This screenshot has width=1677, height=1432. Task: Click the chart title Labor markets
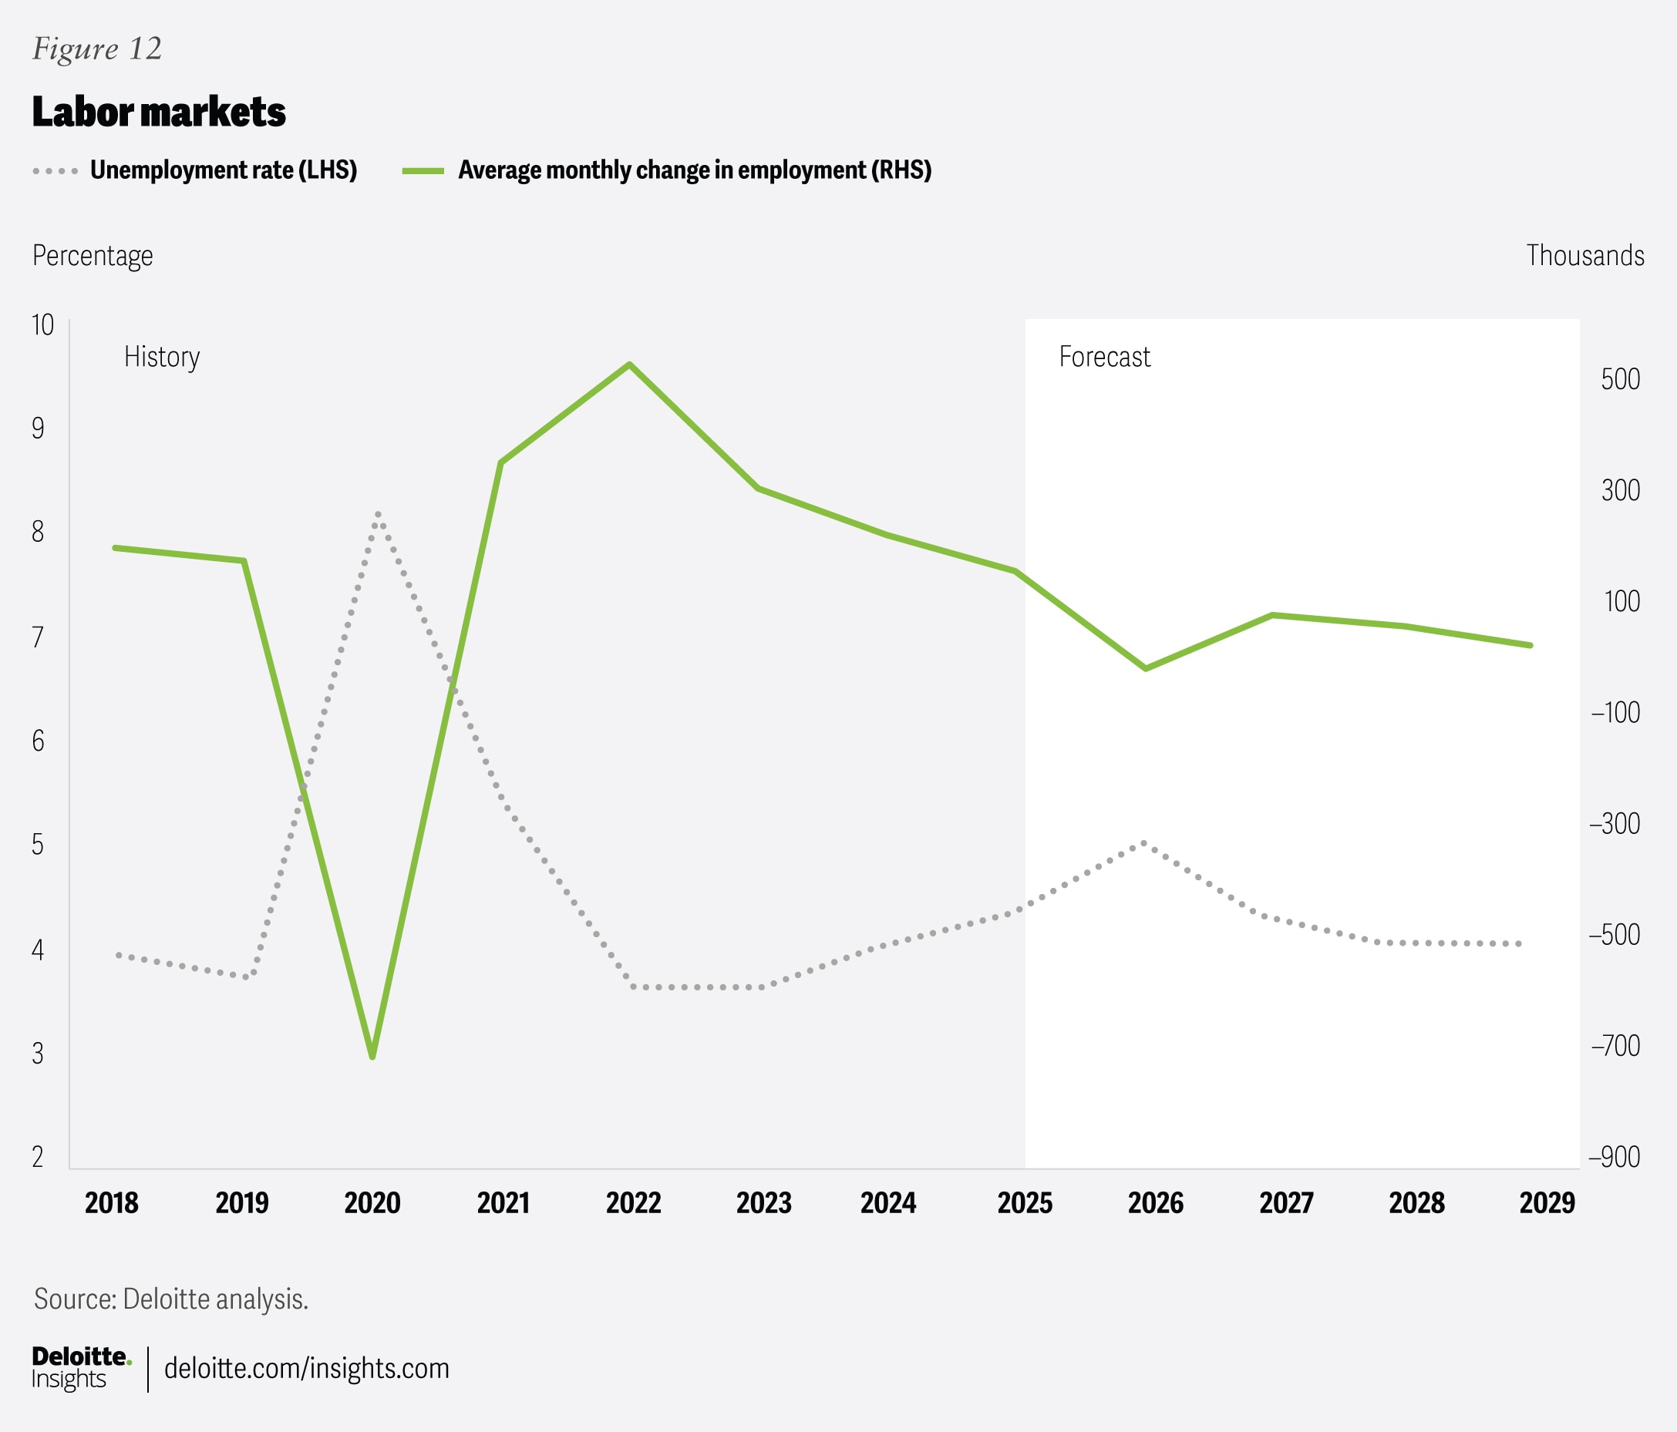159,112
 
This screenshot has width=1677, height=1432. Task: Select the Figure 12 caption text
97,49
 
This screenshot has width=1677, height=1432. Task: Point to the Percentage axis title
93,256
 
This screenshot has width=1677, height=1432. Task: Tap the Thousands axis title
1584,256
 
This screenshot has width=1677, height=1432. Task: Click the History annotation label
162,357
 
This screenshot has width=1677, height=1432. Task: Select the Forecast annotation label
1104,357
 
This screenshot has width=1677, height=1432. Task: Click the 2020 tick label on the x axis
372,1203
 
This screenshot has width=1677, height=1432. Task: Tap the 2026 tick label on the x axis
1155,1203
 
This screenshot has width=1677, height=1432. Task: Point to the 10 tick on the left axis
42,325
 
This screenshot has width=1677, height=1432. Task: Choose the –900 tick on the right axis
1614,1157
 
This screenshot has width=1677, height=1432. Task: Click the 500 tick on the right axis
1619,378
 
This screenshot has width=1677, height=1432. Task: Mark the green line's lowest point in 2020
372,1057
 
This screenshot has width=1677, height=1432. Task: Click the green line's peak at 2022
630,365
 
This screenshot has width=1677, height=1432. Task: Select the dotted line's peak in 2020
378,514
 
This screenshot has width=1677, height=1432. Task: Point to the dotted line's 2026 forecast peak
1144,843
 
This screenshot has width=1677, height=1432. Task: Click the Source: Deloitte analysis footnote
170,1299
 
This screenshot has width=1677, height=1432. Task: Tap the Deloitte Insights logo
80,1367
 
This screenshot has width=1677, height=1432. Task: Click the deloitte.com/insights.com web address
306,1368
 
